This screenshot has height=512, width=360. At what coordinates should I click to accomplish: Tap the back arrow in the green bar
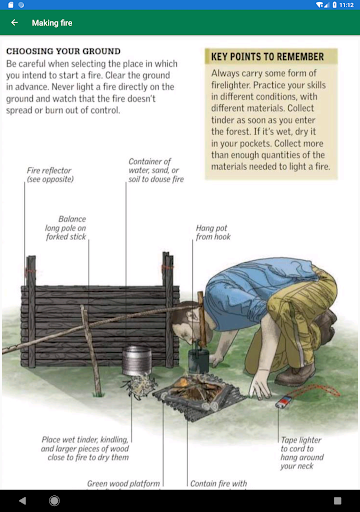tap(14, 23)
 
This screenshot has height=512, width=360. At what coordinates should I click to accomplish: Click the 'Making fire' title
tap(52, 23)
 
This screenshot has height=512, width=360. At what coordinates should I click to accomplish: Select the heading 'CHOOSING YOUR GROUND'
tap(63, 51)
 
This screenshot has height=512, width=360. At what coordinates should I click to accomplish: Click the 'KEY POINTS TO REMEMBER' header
tap(267, 57)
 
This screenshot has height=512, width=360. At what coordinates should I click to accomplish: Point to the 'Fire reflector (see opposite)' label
tap(50, 175)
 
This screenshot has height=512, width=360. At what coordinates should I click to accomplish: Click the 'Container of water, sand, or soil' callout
tap(156, 170)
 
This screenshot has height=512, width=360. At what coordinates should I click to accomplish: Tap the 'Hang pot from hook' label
tap(213, 232)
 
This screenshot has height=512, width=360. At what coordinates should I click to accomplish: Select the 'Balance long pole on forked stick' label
tap(66, 228)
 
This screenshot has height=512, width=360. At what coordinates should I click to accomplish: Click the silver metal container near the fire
tap(137, 360)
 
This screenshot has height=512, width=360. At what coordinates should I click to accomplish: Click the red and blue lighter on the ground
tap(284, 402)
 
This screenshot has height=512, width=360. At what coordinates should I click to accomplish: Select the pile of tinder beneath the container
tap(139, 386)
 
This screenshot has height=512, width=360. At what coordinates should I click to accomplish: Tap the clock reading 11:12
tap(346, 5)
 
